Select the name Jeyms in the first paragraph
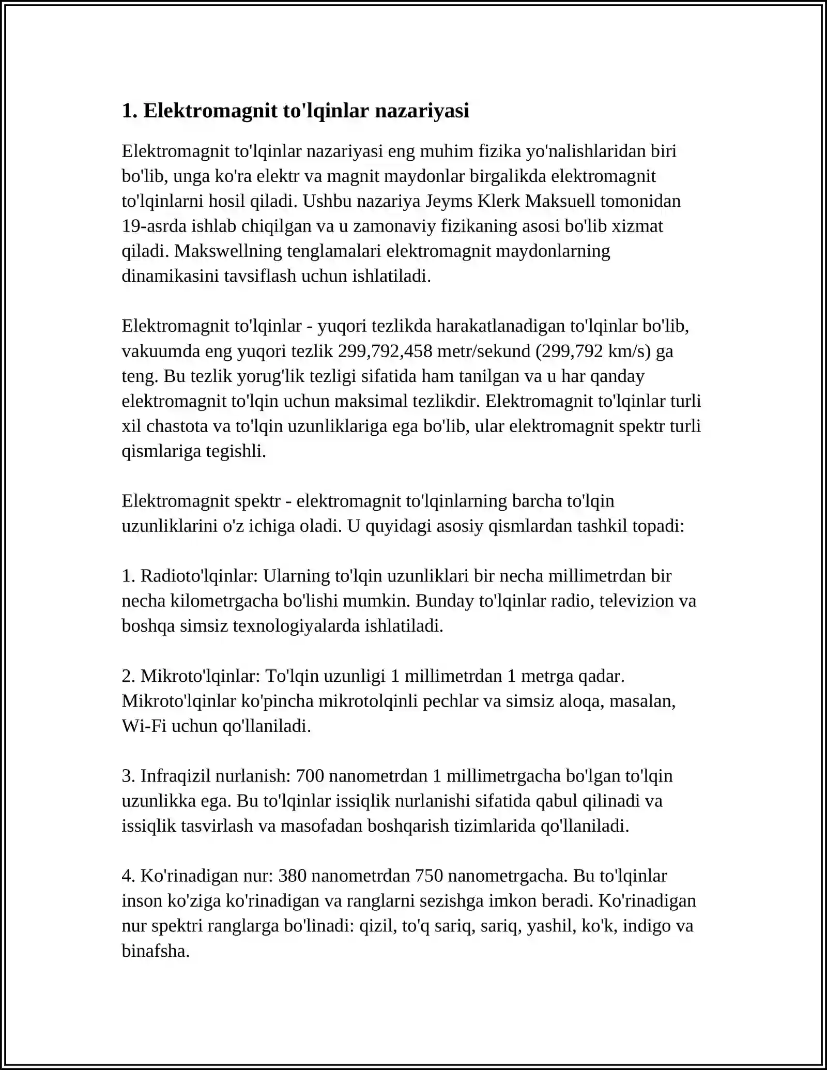coord(448,201)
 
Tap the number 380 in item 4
coord(293,876)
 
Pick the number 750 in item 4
coord(429,876)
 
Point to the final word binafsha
coord(155,951)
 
